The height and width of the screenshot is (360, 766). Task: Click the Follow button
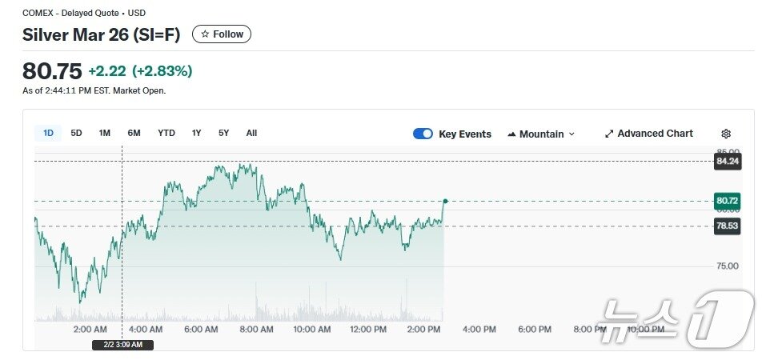(x=222, y=34)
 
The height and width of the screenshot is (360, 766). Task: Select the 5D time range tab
(x=76, y=133)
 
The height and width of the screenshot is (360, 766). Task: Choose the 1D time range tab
(x=48, y=133)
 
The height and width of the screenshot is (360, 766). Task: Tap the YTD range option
(x=166, y=133)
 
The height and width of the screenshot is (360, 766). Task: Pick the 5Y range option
(x=223, y=133)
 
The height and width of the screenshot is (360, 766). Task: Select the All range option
(x=251, y=133)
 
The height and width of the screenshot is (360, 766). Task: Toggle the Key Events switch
(x=423, y=134)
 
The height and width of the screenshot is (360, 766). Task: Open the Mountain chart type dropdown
(x=541, y=134)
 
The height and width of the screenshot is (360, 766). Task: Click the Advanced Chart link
(x=649, y=134)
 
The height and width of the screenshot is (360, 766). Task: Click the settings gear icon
(x=726, y=134)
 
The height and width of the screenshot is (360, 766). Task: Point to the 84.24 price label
(x=727, y=161)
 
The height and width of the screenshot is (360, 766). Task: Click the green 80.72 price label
(x=727, y=201)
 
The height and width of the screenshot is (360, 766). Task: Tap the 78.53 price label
(x=727, y=226)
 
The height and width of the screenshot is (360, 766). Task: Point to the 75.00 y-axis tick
(x=728, y=266)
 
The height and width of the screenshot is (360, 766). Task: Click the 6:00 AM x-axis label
(x=201, y=329)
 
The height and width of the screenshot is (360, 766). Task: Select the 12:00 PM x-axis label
(x=368, y=329)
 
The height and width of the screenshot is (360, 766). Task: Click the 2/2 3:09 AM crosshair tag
(x=122, y=345)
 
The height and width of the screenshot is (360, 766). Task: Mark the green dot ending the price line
(x=445, y=201)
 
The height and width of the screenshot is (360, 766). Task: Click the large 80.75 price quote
(x=52, y=71)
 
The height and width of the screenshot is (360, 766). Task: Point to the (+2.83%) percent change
(x=162, y=71)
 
